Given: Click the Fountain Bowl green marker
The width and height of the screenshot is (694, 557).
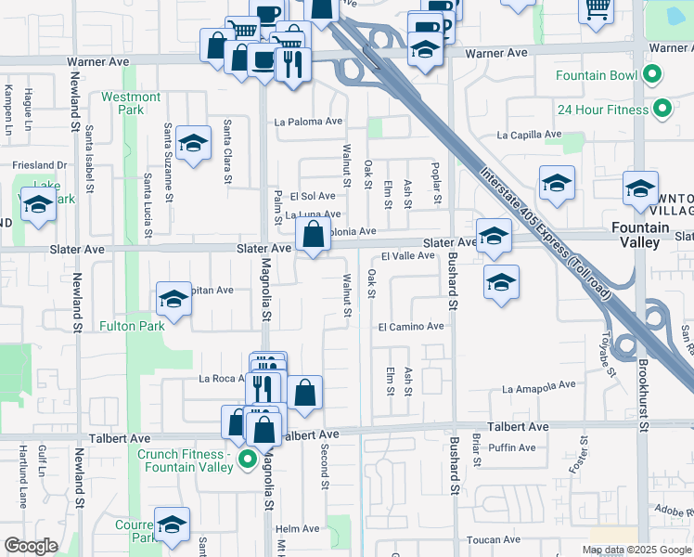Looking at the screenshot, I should [652, 74].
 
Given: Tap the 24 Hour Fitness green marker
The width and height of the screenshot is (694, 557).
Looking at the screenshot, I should [662, 110].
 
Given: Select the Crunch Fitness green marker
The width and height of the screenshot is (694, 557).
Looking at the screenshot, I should [247, 460].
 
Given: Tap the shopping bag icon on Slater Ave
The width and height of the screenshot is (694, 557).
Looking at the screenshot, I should [314, 237].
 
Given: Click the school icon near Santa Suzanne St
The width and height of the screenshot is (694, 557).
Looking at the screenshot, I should [193, 144].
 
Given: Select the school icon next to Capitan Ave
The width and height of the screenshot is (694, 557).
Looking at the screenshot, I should [173, 299].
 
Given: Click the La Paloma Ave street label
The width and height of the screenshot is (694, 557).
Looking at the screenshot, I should [308, 122].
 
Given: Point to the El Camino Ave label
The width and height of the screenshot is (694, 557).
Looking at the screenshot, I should [411, 327].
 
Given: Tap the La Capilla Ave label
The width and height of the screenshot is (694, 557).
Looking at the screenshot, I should [529, 135].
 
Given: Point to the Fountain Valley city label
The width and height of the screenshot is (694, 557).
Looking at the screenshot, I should [641, 235].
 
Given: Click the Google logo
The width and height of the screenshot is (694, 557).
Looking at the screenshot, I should [31, 545].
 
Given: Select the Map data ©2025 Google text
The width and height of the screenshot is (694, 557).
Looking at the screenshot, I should [636, 550].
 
